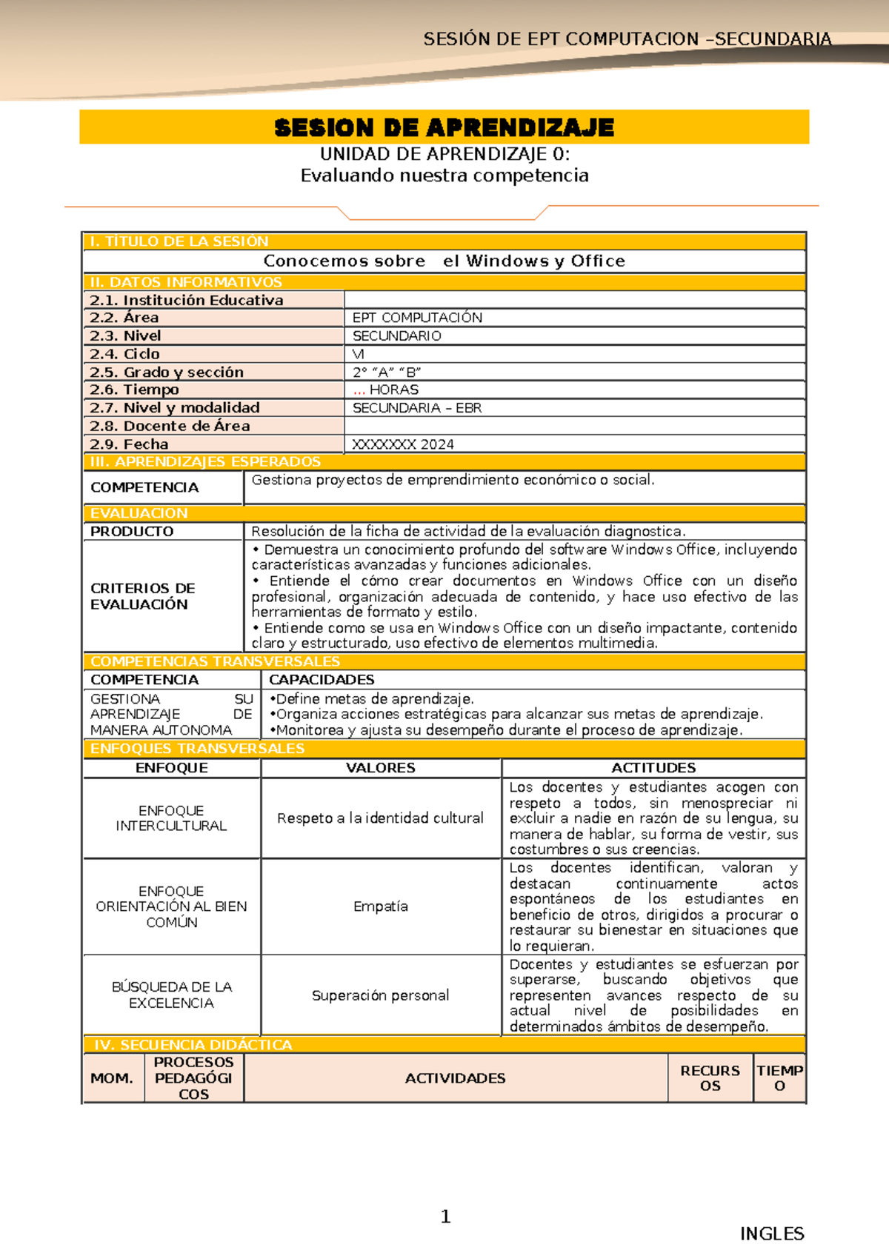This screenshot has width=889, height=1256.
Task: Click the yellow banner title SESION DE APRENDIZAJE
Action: tap(444, 127)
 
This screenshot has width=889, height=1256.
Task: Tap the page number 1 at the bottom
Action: tap(445, 1216)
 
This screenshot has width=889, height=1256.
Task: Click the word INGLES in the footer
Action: tap(772, 1234)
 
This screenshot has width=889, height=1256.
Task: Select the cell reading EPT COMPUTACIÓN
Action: tap(417, 318)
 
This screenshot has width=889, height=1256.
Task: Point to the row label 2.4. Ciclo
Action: tap(124, 354)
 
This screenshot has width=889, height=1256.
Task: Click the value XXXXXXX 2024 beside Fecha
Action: tap(403, 444)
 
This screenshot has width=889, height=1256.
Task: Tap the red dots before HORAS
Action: tap(359, 390)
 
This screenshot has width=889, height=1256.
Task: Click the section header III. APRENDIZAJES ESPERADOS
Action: tap(205, 461)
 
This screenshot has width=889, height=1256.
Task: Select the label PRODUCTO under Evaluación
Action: tap(132, 531)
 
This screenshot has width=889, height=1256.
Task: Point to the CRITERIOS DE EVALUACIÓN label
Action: tap(143, 596)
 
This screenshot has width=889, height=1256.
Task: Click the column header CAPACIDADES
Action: tap(322, 680)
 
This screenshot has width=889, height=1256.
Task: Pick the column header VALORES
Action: tap(381, 768)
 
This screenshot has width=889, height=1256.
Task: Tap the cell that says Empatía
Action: tap(381, 906)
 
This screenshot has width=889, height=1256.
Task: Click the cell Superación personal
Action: tap(381, 995)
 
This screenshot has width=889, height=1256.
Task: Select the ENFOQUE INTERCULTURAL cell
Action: tap(171, 818)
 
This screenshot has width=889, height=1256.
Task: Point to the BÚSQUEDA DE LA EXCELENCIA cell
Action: tap(171, 995)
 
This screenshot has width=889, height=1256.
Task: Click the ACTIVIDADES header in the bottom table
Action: tap(455, 1078)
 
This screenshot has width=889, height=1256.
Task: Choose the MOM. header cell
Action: tap(112, 1078)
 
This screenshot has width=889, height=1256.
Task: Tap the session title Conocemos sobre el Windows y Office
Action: tap(444, 261)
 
